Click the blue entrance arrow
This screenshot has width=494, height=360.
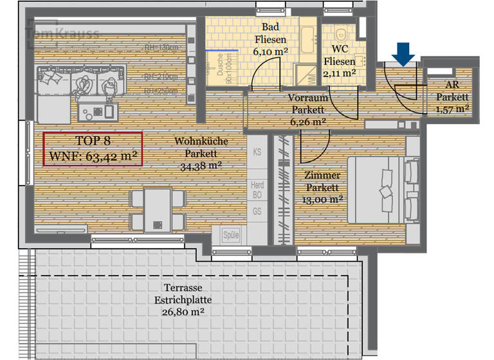point(403,54)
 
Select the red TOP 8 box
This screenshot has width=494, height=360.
point(93,148)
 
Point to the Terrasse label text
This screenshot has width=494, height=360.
point(188,289)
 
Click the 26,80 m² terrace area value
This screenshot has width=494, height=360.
point(188,312)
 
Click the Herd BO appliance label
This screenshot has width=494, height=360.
point(257,189)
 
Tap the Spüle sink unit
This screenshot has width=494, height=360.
point(230,236)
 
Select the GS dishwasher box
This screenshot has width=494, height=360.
point(257,211)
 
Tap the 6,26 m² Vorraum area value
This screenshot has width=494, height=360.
point(307,120)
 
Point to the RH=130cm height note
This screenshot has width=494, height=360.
point(160,48)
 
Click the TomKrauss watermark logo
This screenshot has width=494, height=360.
point(62,34)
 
